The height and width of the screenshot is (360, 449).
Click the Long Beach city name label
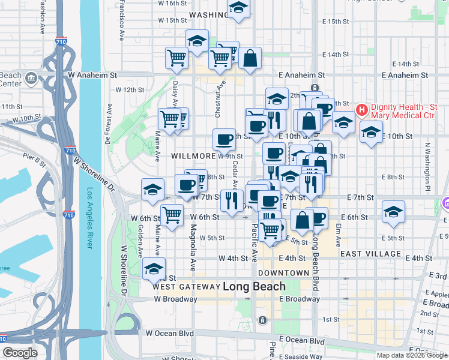254,287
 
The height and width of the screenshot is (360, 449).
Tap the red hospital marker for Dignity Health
362,110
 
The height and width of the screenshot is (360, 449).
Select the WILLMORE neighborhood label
193,156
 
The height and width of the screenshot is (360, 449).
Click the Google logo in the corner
20,353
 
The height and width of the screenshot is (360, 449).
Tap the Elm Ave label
339,235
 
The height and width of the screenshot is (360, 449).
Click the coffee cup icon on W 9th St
224,140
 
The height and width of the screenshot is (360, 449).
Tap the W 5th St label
212,238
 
